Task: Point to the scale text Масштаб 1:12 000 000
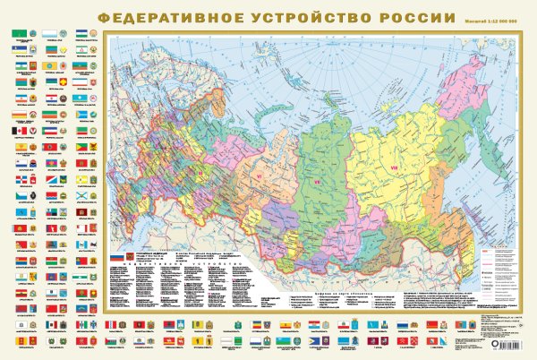(488, 20)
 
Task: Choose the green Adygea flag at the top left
(18, 32)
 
